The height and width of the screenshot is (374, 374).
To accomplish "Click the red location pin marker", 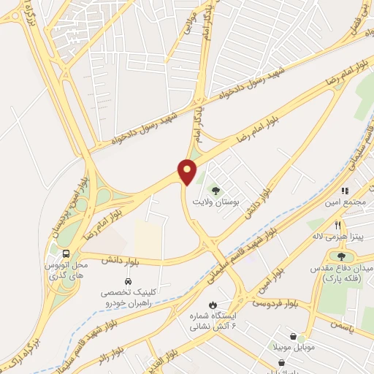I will pos(188,172).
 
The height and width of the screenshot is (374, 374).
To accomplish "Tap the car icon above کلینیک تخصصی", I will pos(128,281).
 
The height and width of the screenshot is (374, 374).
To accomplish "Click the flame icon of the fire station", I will pos(213,304).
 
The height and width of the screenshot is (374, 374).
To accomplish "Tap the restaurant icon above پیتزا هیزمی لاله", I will pos(337,225).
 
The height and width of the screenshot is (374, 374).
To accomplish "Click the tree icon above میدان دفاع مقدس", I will pos(341,256).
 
